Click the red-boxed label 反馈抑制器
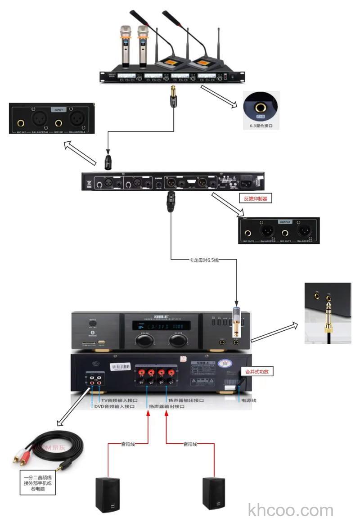(255, 198)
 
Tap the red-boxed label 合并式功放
(257, 372)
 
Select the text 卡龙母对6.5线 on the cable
(204, 260)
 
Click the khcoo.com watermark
(291, 510)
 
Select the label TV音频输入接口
(119, 400)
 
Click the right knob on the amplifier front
(176, 340)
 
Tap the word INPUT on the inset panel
(59, 109)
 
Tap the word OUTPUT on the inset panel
(285, 222)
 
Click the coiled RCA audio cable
(49, 450)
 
